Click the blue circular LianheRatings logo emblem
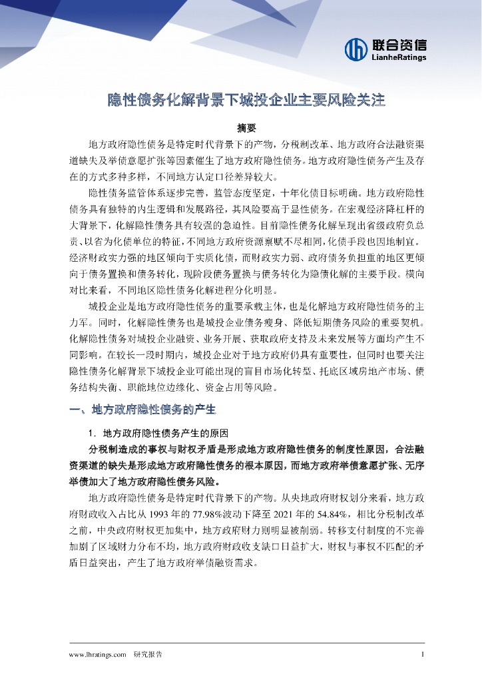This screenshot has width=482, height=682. tap(356, 49)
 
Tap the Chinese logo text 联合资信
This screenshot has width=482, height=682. tap(399, 45)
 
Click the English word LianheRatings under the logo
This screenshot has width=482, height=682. tap(399, 58)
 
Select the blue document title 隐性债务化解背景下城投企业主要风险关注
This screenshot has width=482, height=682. tap(247, 101)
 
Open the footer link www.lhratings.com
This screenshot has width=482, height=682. tap(98, 655)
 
